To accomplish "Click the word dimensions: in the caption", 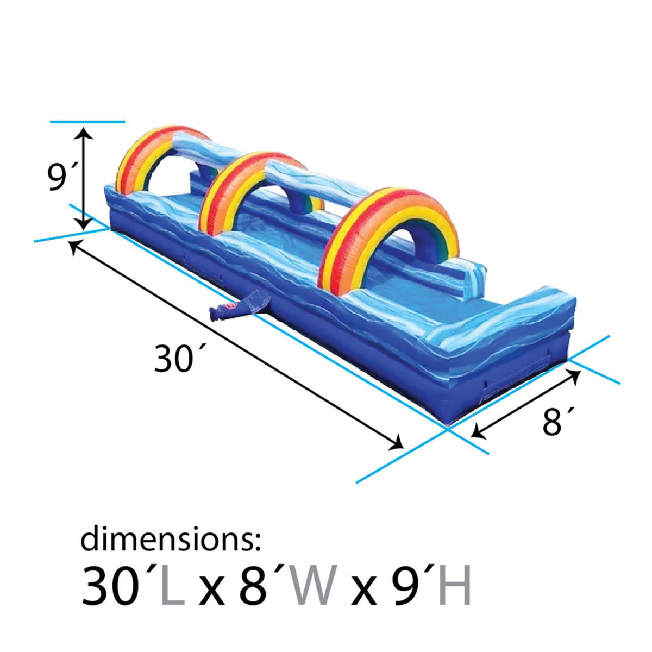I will tap(171, 540).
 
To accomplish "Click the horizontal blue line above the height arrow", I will tap(87, 122).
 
